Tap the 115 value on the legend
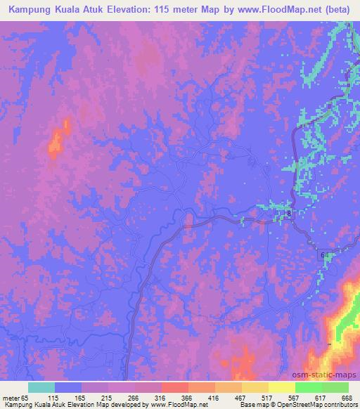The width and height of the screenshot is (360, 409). (63, 397)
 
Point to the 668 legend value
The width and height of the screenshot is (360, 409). (345, 397)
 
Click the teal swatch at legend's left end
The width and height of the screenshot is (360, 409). (41, 387)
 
